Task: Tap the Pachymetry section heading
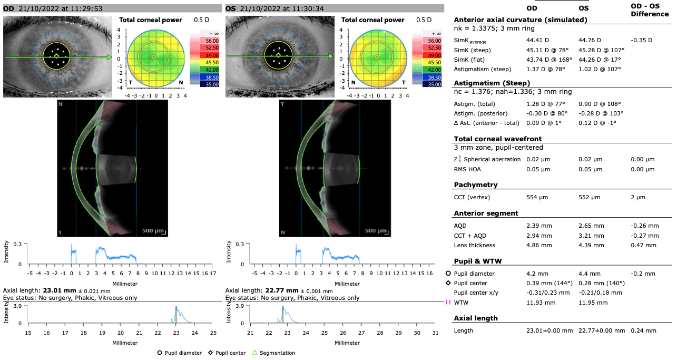[x=475, y=185]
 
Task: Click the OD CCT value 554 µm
[x=537, y=197]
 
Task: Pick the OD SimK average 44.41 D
[x=538, y=40]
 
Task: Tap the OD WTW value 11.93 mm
[x=541, y=303]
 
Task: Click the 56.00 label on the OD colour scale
[x=198, y=41]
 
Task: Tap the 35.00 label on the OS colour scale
[x=420, y=84]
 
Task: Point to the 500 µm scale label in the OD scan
[x=154, y=230]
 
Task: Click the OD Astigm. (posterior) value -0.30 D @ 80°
[x=547, y=113]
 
